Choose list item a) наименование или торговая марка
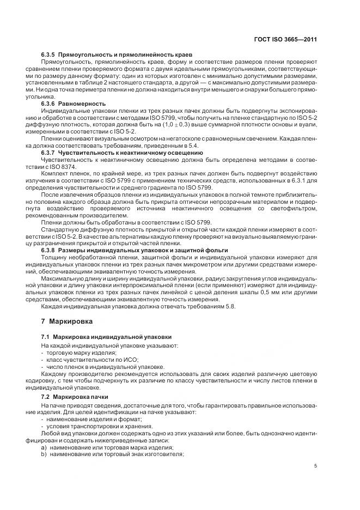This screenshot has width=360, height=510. point(107,447)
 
